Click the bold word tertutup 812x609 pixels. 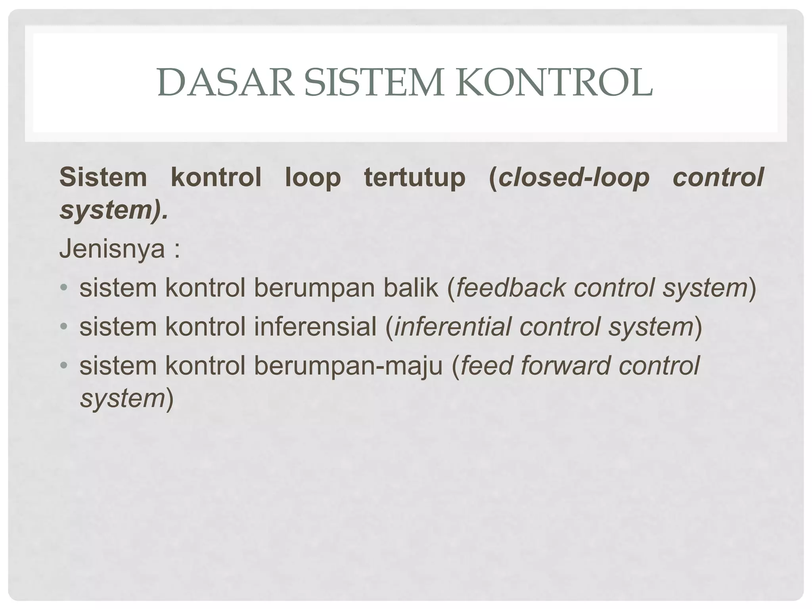pos(415,177)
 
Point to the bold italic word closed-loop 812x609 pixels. pos(574,177)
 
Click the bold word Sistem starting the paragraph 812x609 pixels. pos(103,177)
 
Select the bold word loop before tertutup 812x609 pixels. pos(313,177)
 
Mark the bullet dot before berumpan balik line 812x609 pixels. pos(65,288)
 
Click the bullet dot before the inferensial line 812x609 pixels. pos(65,327)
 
